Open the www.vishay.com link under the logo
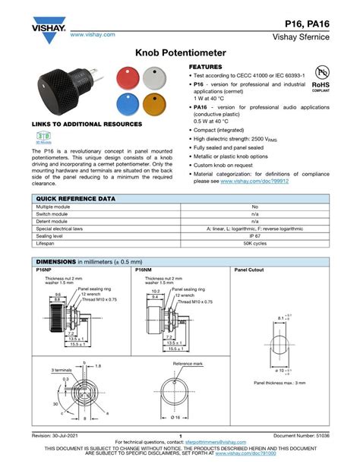(x=93, y=34)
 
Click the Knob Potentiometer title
(x=179, y=55)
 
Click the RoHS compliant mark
(x=321, y=79)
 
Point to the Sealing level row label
(x=52, y=235)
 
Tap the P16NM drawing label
(x=144, y=270)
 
